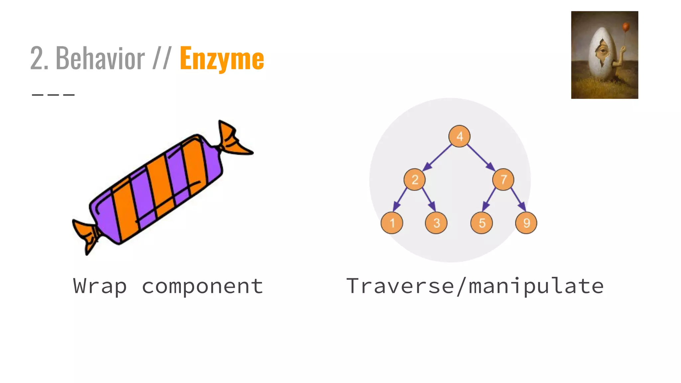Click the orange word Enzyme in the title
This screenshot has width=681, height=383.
(x=222, y=59)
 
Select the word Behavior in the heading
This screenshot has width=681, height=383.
(x=100, y=59)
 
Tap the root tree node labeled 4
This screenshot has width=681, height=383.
(x=459, y=136)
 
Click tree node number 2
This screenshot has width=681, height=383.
(x=415, y=180)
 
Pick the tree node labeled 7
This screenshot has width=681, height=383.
(x=503, y=180)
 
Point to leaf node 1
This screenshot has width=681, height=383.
(x=392, y=223)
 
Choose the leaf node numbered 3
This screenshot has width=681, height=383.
(x=436, y=223)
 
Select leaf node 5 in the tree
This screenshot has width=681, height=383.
(x=481, y=223)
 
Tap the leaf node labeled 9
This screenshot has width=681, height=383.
(x=526, y=223)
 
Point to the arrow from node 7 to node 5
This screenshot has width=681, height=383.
(x=489, y=199)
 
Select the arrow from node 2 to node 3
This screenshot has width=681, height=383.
(x=429, y=199)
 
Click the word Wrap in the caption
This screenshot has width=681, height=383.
(x=100, y=286)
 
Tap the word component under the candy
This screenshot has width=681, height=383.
(x=203, y=286)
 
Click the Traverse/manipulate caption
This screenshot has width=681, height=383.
(x=475, y=286)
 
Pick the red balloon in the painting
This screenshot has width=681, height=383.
(x=626, y=27)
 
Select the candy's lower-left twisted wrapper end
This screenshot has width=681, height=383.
(x=86, y=235)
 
